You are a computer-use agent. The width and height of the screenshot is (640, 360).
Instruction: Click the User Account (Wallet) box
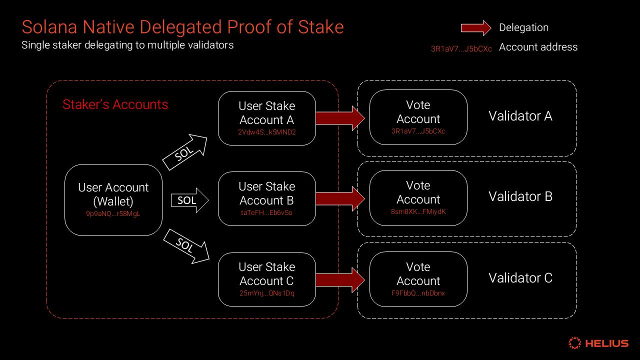113,199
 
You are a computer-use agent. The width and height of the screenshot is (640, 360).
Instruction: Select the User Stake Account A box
266,118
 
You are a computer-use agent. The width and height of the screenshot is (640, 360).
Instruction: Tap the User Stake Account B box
266,198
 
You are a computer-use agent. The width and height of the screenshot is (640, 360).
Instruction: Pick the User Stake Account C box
266,279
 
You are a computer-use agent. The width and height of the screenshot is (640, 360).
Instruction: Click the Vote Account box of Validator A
418,117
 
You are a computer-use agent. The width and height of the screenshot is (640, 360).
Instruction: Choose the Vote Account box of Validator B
418,197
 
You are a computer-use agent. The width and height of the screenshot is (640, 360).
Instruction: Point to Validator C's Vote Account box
418,279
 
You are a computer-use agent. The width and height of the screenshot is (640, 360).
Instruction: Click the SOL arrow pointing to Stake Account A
185,152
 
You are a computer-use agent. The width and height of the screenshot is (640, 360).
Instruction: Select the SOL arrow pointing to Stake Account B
189,200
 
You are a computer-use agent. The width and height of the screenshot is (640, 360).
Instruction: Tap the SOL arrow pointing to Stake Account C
186,245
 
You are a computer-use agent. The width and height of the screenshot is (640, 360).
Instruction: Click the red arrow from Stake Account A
340,118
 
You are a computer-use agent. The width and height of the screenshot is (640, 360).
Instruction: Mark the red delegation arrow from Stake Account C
340,279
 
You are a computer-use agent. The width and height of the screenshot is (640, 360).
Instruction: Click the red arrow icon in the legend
475,28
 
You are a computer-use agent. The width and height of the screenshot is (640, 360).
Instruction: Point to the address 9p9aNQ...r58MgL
113,213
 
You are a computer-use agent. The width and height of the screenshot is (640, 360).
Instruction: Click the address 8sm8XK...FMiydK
418,211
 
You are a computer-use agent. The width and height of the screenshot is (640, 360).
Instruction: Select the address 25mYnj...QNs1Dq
266,293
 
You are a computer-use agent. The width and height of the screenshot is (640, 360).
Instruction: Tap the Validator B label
520,196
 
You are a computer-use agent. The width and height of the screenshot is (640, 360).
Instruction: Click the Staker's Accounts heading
115,104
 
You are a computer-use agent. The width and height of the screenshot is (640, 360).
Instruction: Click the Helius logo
598,343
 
